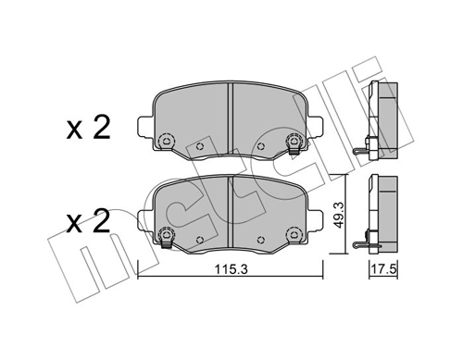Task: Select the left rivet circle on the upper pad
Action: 166,142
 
